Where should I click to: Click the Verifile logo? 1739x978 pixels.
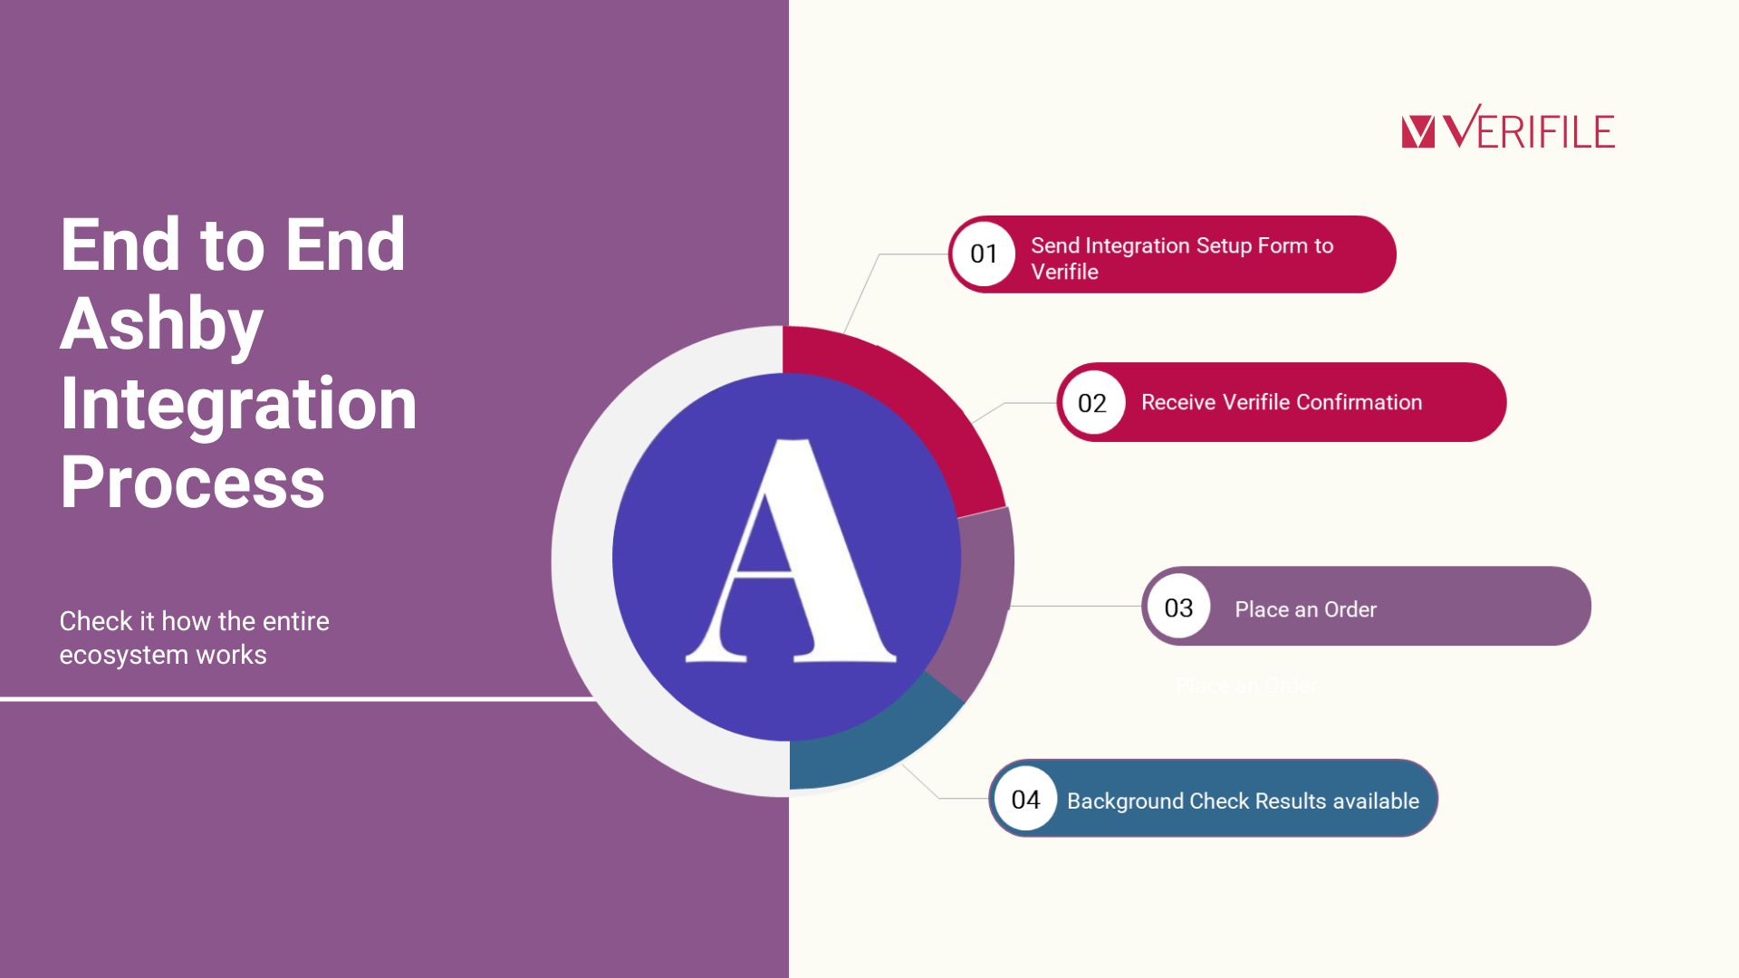pyautogui.click(x=1508, y=127)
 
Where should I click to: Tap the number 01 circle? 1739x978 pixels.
pyautogui.click(x=984, y=254)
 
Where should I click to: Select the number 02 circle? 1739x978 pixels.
pyautogui.click(x=1092, y=403)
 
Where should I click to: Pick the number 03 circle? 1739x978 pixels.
pyautogui.click(x=1178, y=607)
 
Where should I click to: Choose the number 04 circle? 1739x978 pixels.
pyautogui.click(x=1025, y=799)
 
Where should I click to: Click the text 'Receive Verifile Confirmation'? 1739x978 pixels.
pyautogui.click(x=1282, y=402)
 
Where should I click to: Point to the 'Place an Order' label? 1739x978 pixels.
pyautogui.click(x=1305, y=609)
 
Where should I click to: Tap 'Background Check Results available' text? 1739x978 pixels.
pyautogui.click(x=1243, y=801)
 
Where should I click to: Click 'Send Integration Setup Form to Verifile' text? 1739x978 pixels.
pyautogui.click(x=1182, y=258)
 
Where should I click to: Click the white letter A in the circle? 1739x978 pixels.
pyautogui.click(x=790, y=551)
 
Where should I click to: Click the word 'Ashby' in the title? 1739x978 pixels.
pyautogui.click(x=161, y=324)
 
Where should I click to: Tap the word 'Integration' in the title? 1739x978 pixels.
pyautogui.click(x=238, y=403)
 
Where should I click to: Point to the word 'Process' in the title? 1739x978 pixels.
pyautogui.click(x=192, y=482)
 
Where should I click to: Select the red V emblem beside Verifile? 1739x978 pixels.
pyautogui.click(x=1417, y=131)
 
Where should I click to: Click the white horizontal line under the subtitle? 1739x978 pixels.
pyautogui.click(x=299, y=699)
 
